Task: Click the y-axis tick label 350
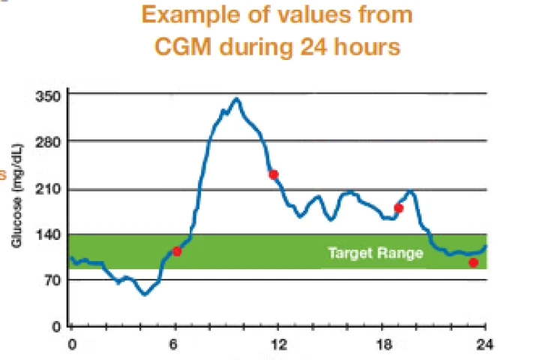point(49,97)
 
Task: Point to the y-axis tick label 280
point(49,142)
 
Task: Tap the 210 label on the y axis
point(49,190)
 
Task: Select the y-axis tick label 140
point(49,235)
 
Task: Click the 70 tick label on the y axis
point(52,280)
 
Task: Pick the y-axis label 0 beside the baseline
point(57,326)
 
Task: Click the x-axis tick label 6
point(174,344)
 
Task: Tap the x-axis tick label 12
point(279,344)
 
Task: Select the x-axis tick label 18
point(384,344)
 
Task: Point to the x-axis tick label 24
point(484,344)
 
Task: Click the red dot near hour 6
point(177,251)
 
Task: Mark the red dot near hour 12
point(274,175)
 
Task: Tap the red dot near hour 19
point(399,208)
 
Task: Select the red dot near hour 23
point(473,262)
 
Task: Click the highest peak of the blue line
point(236,99)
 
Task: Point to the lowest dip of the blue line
point(145,295)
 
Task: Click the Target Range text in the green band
point(376,253)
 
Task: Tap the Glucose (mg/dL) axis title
point(17,196)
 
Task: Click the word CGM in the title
point(182,46)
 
